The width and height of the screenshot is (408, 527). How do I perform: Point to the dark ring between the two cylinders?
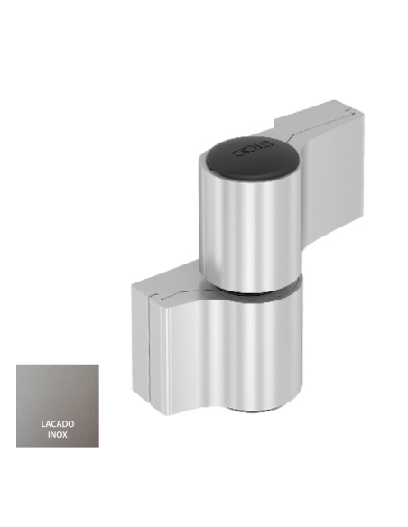tap(251, 292)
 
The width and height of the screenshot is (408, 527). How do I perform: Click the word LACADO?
tap(58, 423)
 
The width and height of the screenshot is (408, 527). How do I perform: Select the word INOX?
tap(58, 434)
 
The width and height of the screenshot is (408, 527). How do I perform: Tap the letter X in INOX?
tap(66, 434)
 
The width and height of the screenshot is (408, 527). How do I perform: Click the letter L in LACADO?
tap(43, 423)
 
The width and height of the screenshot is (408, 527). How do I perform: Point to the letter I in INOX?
tap(50, 434)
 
